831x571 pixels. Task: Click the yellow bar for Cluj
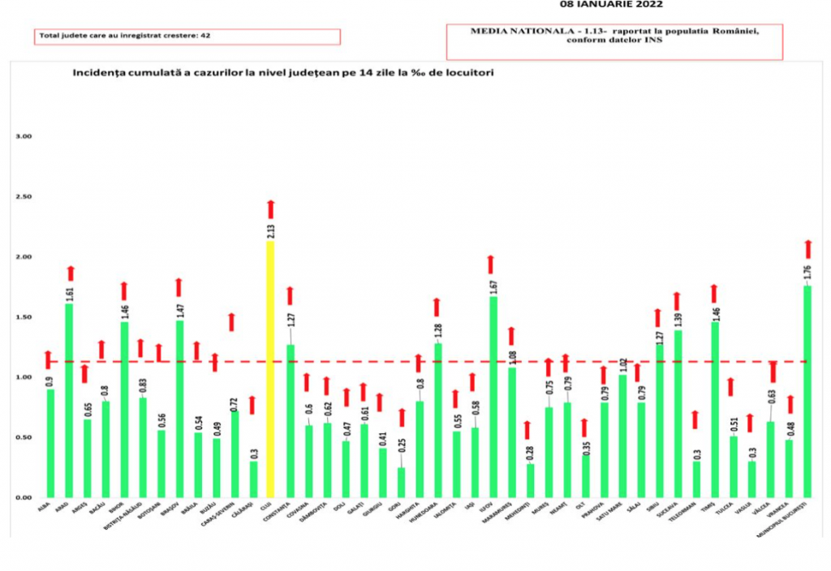[x=271, y=369]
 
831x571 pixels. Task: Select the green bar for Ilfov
[x=493, y=397]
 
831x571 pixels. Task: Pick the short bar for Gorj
[x=401, y=482]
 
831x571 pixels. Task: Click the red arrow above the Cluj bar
[x=271, y=208]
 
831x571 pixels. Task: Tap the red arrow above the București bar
[x=807, y=248]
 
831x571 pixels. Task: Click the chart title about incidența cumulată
[x=283, y=73]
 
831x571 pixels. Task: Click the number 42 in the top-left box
[x=206, y=36]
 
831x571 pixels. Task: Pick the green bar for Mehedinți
[x=530, y=480]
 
